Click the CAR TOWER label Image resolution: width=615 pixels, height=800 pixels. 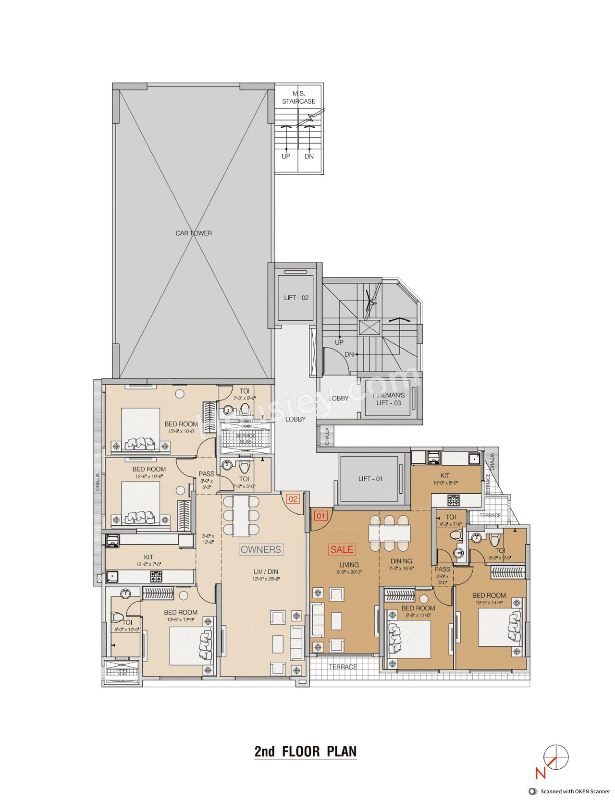(194, 233)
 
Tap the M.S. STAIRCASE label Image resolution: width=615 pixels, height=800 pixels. (299, 97)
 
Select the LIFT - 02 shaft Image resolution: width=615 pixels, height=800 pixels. (296, 298)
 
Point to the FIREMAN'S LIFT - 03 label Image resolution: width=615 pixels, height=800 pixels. (389, 399)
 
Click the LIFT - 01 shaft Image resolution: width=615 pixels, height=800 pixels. (370, 479)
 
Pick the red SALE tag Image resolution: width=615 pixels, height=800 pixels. (342, 549)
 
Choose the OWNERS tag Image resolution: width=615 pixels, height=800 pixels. (261, 549)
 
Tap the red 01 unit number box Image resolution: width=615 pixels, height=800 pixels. (320, 516)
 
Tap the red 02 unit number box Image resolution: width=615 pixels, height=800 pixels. (293, 499)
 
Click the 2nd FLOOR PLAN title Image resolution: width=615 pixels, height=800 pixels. (306, 752)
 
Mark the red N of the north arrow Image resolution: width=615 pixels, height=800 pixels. (541, 773)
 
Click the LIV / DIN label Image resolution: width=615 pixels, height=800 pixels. (266, 571)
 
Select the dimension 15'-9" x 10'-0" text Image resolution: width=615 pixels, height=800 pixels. (181, 431)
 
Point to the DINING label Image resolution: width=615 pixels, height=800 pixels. (401, 561)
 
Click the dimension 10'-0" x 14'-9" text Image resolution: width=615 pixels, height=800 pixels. (489, 602)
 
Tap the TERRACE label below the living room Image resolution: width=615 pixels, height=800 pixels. (343, 667)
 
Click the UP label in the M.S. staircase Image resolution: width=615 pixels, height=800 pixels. (286, 156)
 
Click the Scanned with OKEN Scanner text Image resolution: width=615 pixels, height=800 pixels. (575, 791)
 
